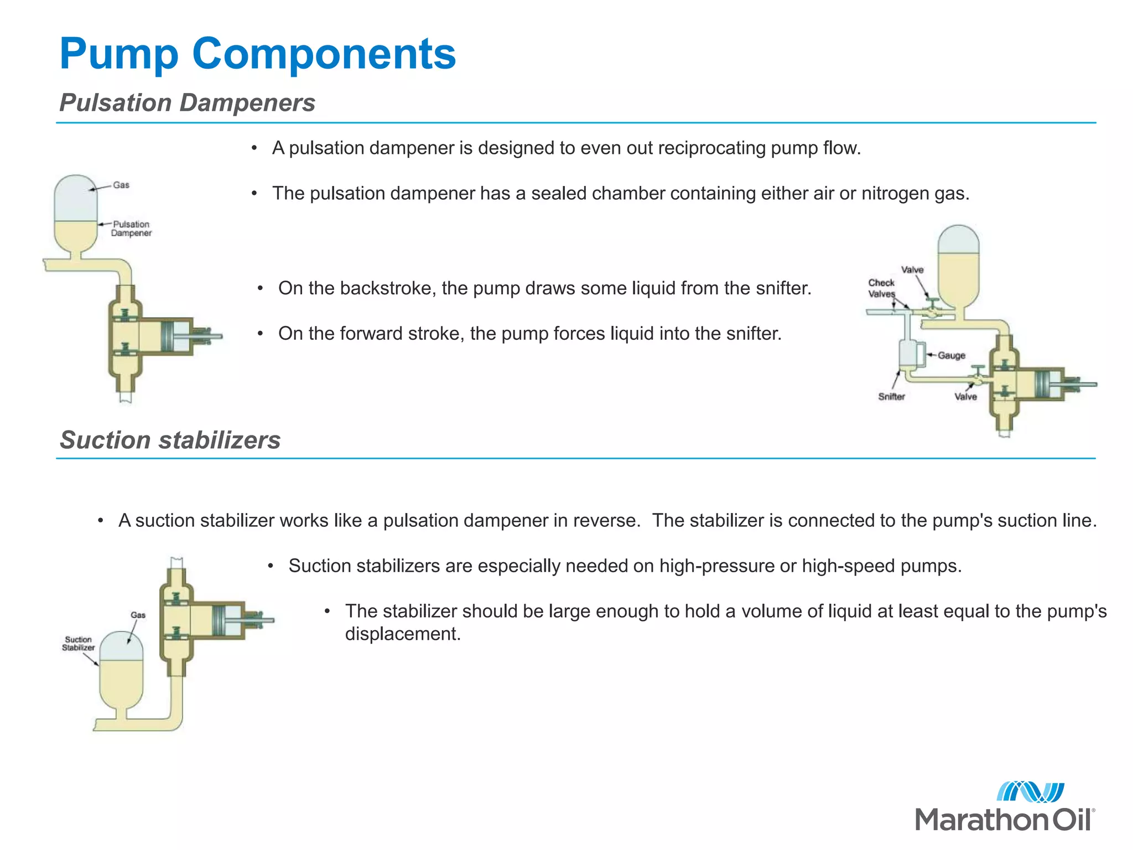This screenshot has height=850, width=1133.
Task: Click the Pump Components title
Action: click(257, 54)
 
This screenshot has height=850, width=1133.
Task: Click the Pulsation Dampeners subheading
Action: click(187, 103)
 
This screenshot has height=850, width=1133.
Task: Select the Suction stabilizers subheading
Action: click(170, 440)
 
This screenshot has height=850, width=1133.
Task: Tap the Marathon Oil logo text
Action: click(1004, 820)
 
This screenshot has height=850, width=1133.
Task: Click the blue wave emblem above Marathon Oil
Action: click(1030, 792)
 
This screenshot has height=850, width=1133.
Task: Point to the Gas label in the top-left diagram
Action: click(121, 185)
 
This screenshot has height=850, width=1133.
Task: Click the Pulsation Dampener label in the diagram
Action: click(131, 229)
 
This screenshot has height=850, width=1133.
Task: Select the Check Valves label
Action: click(881, 288)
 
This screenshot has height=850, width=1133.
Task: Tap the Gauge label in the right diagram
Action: click(952, 355)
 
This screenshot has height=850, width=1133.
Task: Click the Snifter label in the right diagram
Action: click(891, 397)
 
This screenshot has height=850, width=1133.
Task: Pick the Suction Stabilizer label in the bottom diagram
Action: click(78, 644)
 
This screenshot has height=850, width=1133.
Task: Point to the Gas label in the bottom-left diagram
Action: click(138, 615)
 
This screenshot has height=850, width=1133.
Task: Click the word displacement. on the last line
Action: click(403, 634)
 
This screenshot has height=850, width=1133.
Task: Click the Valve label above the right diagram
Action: click(912, 270)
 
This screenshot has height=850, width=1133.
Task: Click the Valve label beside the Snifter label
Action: click(965, 397)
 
